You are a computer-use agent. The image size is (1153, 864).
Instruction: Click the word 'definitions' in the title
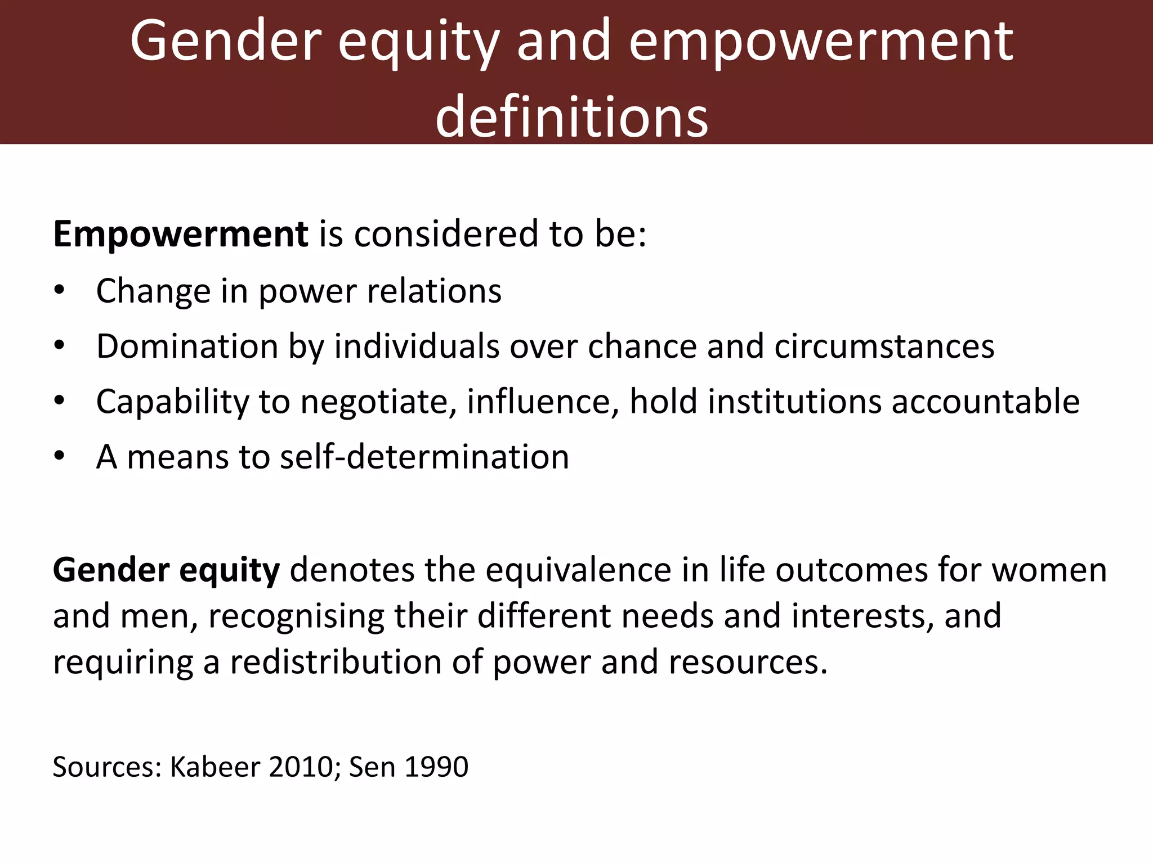coord(571,116)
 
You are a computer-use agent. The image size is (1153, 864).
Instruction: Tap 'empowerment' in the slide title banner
coord(821,40)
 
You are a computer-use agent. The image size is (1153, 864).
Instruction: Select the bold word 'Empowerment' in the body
coord(180,234)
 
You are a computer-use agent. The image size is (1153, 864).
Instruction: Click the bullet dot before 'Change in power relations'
coord(60,291)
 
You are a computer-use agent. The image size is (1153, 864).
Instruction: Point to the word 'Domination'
coord(187,346)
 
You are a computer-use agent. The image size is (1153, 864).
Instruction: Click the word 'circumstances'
coord(884,346)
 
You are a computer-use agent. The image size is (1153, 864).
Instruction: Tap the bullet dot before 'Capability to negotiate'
coord(60,401)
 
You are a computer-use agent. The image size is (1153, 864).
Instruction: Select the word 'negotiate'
coord(378,402)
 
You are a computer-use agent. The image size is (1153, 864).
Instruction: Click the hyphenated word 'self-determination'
coord(424,456)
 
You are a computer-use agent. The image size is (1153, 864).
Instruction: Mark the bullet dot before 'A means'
coord(60,456)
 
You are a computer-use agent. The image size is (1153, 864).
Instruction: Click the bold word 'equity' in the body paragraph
coord(229,570)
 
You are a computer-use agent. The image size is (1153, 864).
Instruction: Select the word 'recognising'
coord(296,616)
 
